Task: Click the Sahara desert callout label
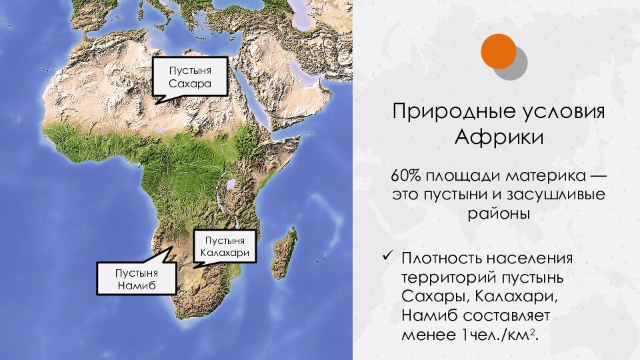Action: pos(190,77)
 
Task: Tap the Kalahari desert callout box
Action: pos(227,247)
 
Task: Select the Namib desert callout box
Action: pos(136,279)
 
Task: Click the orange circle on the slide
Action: pos(499,51)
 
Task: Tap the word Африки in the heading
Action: pos(499,138)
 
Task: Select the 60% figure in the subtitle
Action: pos(407,178)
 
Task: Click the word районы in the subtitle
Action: pos(498,215)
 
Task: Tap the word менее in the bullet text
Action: pos(420,335)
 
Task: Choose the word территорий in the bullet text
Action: pos(447,277)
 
